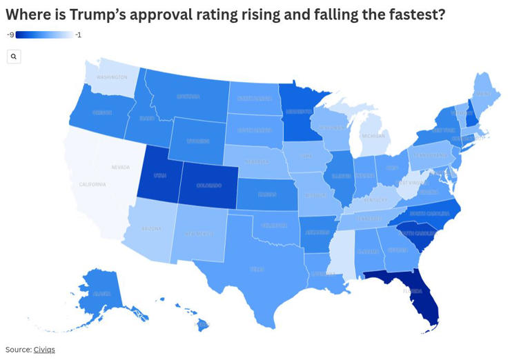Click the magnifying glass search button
(14, 57)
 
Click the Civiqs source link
(44, 350)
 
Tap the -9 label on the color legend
(10, 34)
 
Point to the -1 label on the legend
(78, 34)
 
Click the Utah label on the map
(159, 176)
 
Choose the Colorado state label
(209, 185)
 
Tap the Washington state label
(112, 77)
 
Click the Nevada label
(121, 167)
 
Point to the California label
(92, 184)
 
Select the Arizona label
(152, 228)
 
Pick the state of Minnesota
(299, 111)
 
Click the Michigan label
(373, 136)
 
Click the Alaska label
(102, 293)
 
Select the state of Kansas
(267, 194)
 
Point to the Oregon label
(101, 112)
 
